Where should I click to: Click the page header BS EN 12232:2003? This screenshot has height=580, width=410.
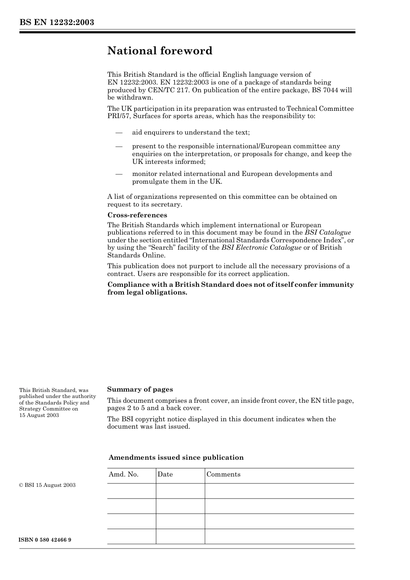tap(57, 22)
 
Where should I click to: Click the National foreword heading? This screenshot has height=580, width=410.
tap(160, 51)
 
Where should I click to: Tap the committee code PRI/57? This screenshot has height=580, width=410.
tap(118, 116)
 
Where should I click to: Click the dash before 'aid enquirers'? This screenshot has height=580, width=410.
tap(119, 132)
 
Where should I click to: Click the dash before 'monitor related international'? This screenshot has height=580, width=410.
tap(119, 174)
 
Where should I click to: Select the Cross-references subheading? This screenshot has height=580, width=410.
tap(137, 215)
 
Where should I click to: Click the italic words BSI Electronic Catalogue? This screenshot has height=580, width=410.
tap(261, 248)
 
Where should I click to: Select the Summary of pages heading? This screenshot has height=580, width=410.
tap(140, 389)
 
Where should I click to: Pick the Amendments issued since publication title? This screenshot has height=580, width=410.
tap(176, 458)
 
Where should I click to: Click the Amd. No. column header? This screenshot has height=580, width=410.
tap(123, 474)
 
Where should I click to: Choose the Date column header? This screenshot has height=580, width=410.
tap(165, 474)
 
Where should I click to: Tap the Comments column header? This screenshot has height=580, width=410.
tap(223, 474)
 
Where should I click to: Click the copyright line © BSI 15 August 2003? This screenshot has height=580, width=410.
tap(47, 485)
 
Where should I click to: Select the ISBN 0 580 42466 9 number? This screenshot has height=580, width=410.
tap(45, 540)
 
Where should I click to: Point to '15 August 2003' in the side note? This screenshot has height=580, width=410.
tap(39, 415)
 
